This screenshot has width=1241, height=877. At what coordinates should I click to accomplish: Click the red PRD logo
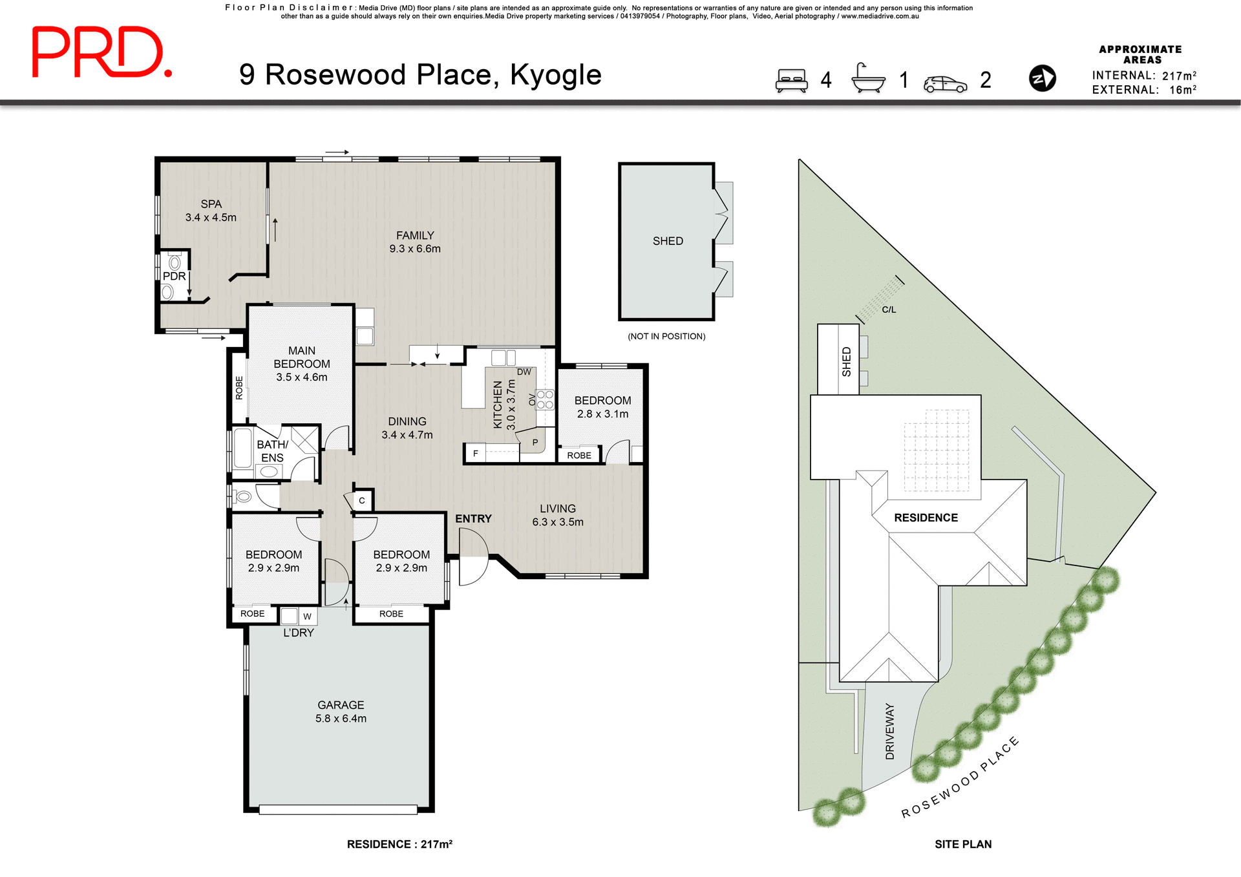pyautogui.click(x=101, y=52)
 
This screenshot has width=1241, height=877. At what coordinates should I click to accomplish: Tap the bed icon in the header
pyautogui.click(x=792, y=81)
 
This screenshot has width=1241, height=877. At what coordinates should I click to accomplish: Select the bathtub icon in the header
pyautogui.click(x=868, y=79)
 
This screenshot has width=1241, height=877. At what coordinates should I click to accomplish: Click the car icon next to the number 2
pyautogui.click(x=945, y=84)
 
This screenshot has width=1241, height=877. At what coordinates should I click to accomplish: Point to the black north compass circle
pyautogui.click(x=1042, y=78)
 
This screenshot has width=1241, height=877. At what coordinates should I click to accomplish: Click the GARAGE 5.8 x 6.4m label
pyautogui.click(x=341, y=712)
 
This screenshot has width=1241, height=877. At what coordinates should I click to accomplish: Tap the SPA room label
pyautogui.click(x=211, y=211)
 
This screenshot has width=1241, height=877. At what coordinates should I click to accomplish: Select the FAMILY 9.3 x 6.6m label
pyautogui.click(x=415, y=242)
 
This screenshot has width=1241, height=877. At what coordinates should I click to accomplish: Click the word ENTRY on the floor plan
pyautogui.click(x=473, y=519)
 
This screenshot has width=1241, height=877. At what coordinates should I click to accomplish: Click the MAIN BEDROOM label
pyautogui.click(x=302, y=364)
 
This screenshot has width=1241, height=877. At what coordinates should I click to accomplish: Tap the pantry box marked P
pyautogui.click(x=535, y=443)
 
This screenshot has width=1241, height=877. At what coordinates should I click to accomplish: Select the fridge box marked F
pyautogui.click(x=476, y=454)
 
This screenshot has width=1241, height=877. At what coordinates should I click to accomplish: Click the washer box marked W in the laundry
pyautogui.click(x=307, y=617)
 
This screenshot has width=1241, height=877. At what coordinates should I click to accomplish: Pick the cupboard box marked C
pyautogui.click(x=362, y=500)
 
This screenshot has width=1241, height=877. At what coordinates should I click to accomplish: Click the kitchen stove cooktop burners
pyautogui.click(x=545, y=399)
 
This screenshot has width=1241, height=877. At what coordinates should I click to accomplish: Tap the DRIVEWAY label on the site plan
pyautogui.click(x=890, y=731)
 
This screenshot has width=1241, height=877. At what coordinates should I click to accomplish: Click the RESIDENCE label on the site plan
pyautogui.click(x=926, y=518)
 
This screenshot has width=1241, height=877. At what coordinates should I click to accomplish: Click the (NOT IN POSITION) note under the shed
pyautogui.click(x=666, y=337)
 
